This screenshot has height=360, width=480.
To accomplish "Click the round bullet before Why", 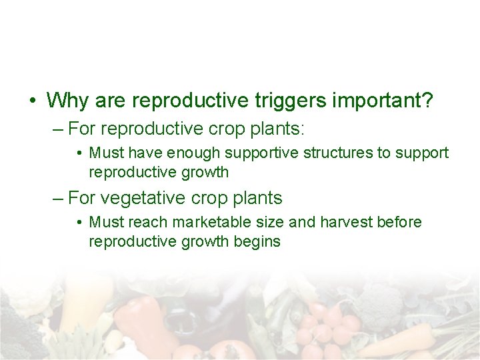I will click(31, 101).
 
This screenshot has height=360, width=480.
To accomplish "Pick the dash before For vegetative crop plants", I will click(58, 198).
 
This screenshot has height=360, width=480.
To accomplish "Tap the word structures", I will click(338, 153).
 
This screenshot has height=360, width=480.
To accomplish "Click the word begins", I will click(257, 241).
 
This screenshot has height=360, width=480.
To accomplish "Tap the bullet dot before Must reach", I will click(79, 223).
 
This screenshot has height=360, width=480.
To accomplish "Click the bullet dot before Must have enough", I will click(79, 153).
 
